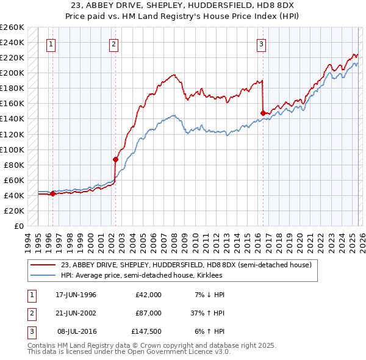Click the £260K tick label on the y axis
[x=12, y=27]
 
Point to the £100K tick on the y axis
[x=12, y=149]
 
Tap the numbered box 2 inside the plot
[x=114, y=43]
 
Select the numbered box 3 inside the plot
[x=261, y=43]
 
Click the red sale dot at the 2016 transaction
[x=263, y=113]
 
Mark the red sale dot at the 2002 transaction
[x=115, y=159]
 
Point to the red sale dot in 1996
[x=52, y=194]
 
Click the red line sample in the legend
[x=44, y=265]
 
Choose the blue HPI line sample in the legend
[x=44, y=275]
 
